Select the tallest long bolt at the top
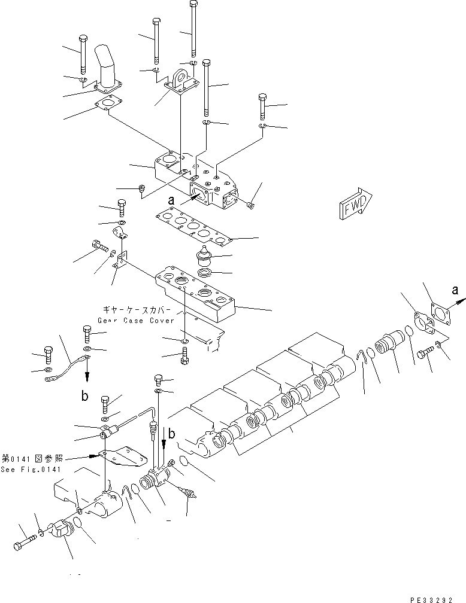(x=193, y=27)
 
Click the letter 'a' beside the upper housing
(x=171, y=202)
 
